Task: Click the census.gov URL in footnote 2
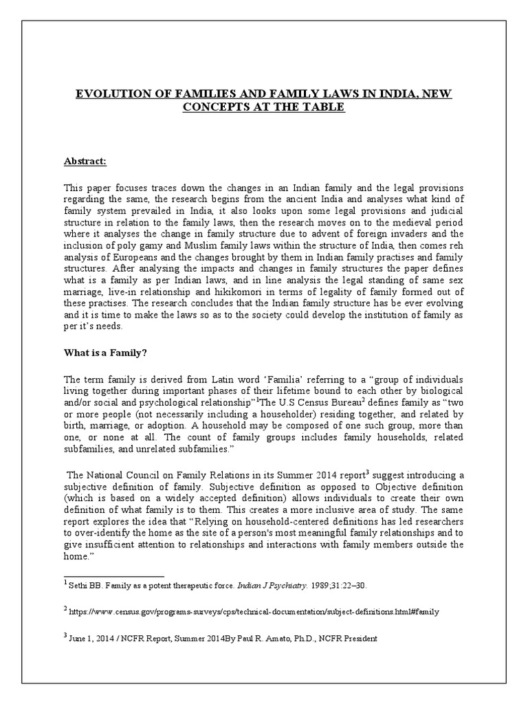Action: coord(254,610)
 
